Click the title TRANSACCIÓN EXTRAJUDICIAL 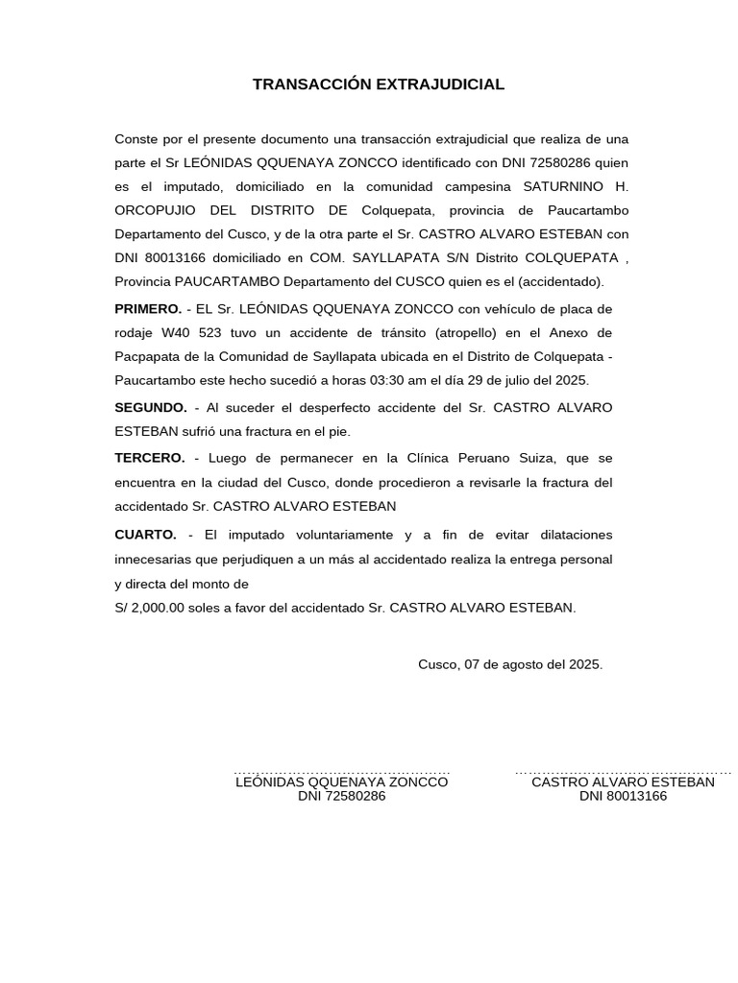point(378,84)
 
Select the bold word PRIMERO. point(148,309)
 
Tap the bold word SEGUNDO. point(151,408)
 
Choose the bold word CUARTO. point(145,534)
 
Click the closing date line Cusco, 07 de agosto point(510,663)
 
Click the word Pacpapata point(146,356)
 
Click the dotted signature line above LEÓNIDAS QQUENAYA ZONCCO point(341,772)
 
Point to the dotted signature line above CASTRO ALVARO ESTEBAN point(623,772)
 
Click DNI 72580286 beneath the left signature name point(341,796)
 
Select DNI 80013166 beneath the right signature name point(623,796)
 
